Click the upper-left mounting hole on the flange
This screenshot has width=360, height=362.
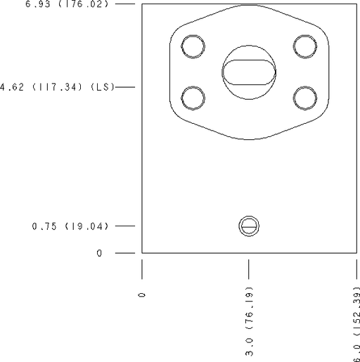[193, 46]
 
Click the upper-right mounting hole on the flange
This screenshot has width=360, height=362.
[305, 46]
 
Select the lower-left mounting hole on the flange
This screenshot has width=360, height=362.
[193, 97]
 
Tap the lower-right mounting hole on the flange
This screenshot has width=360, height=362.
[305, 97]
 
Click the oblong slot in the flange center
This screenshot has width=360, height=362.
[249, 71]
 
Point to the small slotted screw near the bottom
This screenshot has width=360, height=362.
[249, 226]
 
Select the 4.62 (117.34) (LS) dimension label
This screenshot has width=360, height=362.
[56, 87]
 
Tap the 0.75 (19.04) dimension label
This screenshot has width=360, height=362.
[69, 226]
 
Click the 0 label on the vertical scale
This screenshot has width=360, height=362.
[99, 253]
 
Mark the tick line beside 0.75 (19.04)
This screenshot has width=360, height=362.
[124, 226]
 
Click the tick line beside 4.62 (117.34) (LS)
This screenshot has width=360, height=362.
[124, 87]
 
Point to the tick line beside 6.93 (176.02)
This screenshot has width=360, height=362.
[124, 4]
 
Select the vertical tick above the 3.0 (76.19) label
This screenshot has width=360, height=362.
[249, 269]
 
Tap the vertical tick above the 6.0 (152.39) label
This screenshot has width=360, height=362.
[355, 269]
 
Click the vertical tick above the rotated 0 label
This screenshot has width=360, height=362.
[143, 269]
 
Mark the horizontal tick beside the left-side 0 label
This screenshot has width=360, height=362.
[124, 253]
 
